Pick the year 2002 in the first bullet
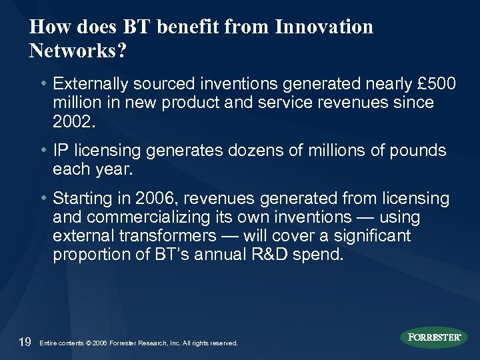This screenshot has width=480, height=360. [x=71, y=121]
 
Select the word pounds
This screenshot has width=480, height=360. [x=419, y=151]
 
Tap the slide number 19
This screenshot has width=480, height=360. [x=25, y=341]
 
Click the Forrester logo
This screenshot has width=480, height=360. [x=434, y=337]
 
